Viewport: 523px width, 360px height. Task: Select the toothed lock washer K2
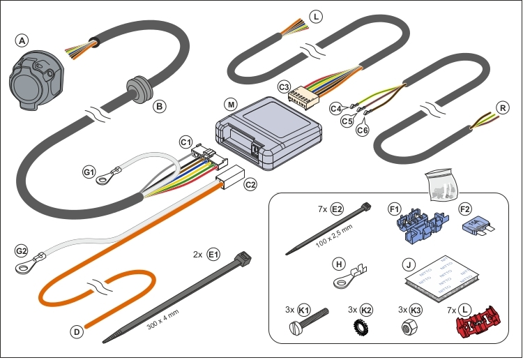[361, 325]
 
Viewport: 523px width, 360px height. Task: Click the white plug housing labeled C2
[229, 181]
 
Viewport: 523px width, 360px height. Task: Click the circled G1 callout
[89, 171]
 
